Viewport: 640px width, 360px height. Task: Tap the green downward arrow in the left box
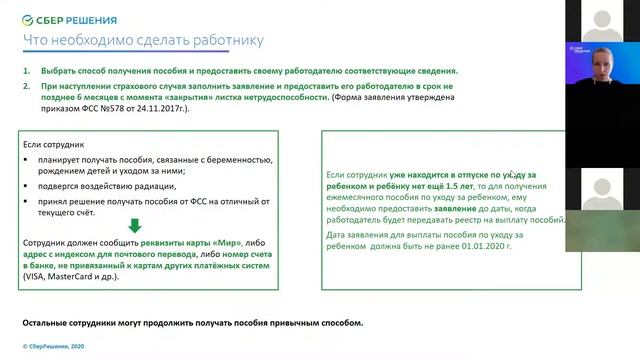(135, 225)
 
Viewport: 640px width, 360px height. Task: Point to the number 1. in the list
(27, 72)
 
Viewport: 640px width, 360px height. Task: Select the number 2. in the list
(27, 87)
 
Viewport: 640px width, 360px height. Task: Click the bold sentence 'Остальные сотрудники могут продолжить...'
(195, 323)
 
